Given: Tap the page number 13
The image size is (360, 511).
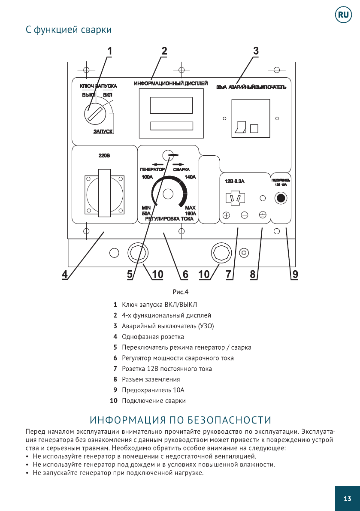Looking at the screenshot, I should pyautogui.click(x=347, y=498).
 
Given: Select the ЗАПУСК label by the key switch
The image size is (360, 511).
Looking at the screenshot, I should pyautogui.click(x=103, y=131).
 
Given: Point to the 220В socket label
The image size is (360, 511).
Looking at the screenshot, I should pyautogui.click(x=105, y=155).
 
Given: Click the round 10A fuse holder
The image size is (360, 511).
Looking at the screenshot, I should pyautogui.click(x=281, y=198).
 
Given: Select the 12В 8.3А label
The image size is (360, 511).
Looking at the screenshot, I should pyautogui.click(x=235, y=181).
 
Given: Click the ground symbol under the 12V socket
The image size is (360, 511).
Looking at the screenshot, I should pyautogui.click(x=263, y=215).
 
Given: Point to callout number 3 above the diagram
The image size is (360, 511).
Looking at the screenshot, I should pyautogui.click(x=256, y=51).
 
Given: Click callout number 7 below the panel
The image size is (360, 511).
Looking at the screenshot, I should pyautogui.click(x=230, y=274).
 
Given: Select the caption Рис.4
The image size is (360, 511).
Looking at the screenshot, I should pyautogui.click(x=180, y=293).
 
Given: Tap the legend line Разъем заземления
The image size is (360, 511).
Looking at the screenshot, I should pyautogui.click(x=151, y=379).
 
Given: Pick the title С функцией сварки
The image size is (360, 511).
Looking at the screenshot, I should pyautogui.click(x=69, y=30).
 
